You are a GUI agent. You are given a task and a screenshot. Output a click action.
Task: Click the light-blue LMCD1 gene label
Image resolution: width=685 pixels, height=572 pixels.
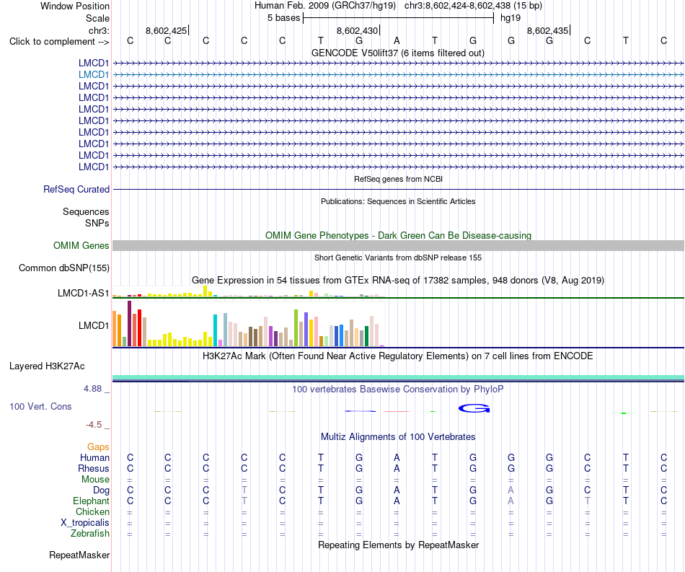pos(94,75)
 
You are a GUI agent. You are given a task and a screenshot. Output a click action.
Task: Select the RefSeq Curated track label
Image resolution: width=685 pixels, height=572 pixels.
pos(76,189)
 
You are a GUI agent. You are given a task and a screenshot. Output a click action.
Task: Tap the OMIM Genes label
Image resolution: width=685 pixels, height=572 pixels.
pos(81,245)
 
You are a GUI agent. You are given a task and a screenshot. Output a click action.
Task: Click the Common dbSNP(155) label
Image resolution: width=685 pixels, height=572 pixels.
pos(64,268)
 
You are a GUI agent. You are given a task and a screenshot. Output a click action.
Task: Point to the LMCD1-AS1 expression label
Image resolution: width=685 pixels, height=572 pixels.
pos(83,293)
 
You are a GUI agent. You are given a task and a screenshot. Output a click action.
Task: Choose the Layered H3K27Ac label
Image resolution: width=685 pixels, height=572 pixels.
pos(47,366)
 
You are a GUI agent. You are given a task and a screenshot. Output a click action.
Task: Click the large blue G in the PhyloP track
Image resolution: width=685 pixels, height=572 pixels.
pos(474,408)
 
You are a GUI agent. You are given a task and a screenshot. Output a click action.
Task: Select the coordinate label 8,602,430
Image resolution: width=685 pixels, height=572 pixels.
pos(357,30)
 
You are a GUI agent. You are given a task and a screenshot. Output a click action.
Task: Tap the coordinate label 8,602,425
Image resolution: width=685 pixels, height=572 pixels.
pos(166,30)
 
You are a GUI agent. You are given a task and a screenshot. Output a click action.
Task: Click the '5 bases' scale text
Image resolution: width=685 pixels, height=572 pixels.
pos(284,18)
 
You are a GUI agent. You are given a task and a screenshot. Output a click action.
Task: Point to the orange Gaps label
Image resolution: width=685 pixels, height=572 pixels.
pos(98,446)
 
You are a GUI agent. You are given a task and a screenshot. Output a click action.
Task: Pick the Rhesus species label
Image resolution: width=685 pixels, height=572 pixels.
pos(94,468)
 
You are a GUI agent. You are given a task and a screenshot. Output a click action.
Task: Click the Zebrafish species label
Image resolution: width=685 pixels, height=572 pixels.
pos(90,534)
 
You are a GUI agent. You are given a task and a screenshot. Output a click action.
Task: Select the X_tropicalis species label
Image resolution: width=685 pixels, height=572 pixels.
pos(85,523)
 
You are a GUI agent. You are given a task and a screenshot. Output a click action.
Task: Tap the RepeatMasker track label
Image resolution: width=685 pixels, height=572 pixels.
pos(79,555)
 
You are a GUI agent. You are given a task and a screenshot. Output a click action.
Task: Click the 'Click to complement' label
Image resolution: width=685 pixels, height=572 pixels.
pos(59,42)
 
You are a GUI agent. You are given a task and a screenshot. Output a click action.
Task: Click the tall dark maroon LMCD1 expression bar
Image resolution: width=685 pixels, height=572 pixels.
pos(129,323)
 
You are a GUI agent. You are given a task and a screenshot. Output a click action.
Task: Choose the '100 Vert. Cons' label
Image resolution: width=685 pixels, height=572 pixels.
pos(40,406)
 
